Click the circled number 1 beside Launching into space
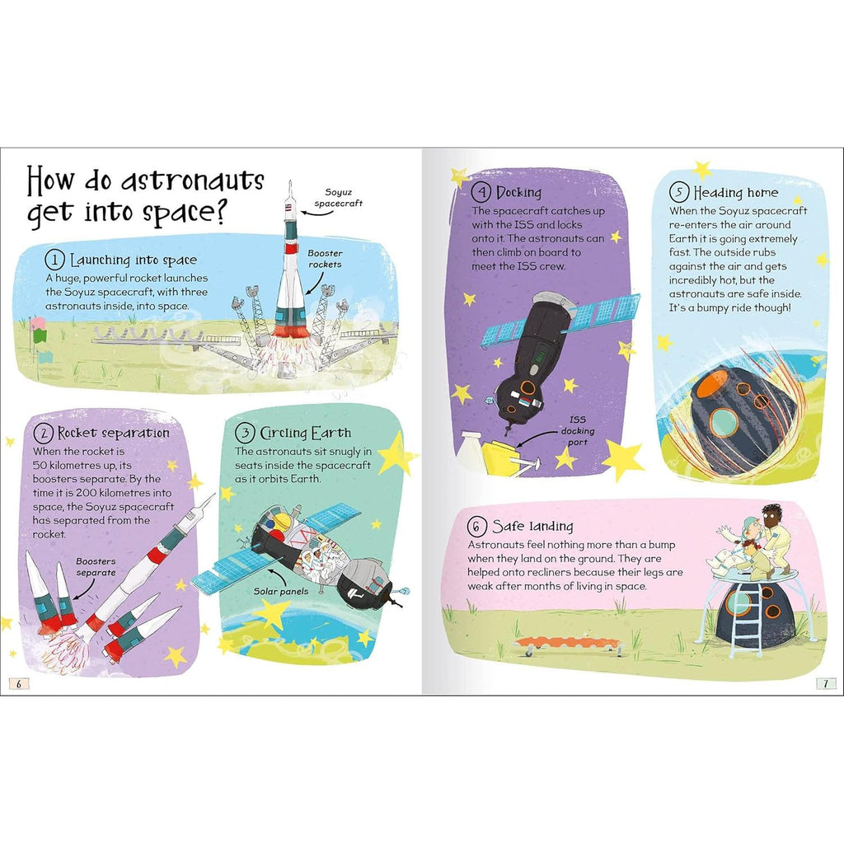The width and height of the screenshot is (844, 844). point(55,260)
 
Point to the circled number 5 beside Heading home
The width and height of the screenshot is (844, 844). point(679,194)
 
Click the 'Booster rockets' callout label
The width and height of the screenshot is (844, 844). point(326,259)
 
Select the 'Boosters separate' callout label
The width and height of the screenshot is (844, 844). point(96,566)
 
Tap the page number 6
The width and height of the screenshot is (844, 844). point(18,682)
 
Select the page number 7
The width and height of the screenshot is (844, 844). point(826,682)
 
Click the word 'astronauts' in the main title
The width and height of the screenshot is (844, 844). point(191,181)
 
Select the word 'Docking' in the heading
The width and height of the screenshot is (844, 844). point(518,193)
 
